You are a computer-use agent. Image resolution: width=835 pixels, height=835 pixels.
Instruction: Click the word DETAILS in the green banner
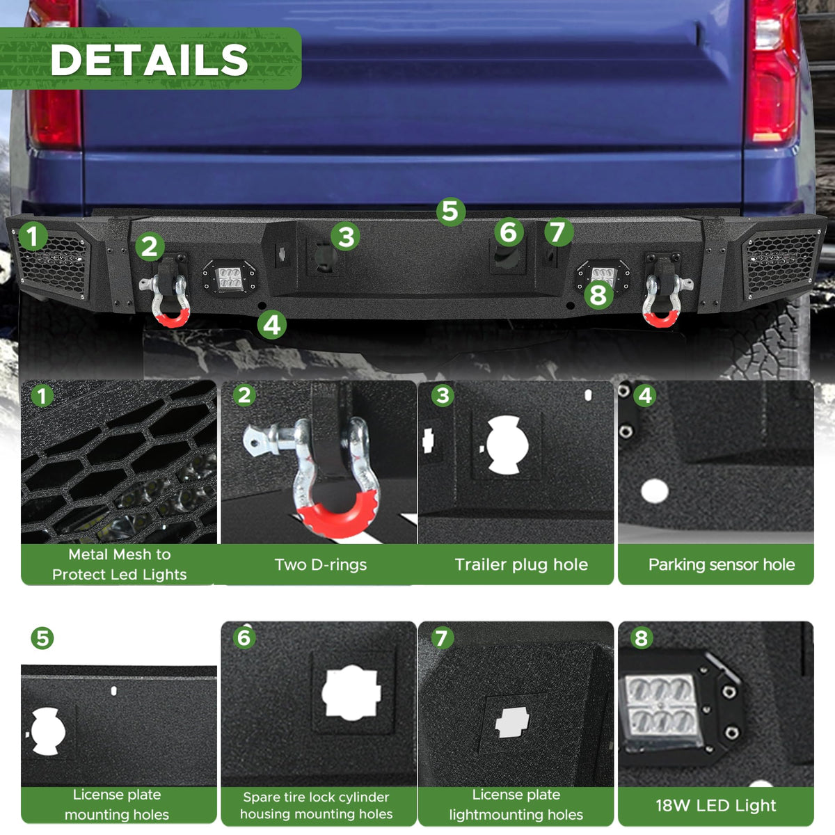click(149, 60)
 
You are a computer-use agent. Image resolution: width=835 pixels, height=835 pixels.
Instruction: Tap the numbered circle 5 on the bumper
click(451, 212)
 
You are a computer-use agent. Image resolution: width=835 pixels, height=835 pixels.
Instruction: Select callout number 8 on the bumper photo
click(598, 296)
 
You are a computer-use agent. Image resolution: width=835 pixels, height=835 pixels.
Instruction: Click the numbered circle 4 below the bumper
click(271, 325)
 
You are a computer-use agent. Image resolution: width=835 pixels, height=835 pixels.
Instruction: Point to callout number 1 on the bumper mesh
click(33, 236)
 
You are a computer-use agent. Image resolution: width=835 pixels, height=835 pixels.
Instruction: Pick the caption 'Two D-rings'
click(321, 564)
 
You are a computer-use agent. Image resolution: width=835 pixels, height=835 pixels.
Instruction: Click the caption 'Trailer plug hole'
click(521, 564)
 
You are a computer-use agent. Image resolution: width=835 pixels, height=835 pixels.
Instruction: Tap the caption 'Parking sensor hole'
click(722, 564)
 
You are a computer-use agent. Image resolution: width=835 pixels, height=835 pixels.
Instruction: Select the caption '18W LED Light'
click(716, 805)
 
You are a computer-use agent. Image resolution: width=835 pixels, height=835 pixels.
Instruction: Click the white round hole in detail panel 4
click(654, 491)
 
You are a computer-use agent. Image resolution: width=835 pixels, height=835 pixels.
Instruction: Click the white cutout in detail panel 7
click(511, 722)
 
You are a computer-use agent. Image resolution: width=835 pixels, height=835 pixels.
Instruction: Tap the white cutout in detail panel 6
click(351, 692)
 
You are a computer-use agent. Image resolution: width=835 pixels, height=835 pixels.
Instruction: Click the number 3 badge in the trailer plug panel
click(443, 396)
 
